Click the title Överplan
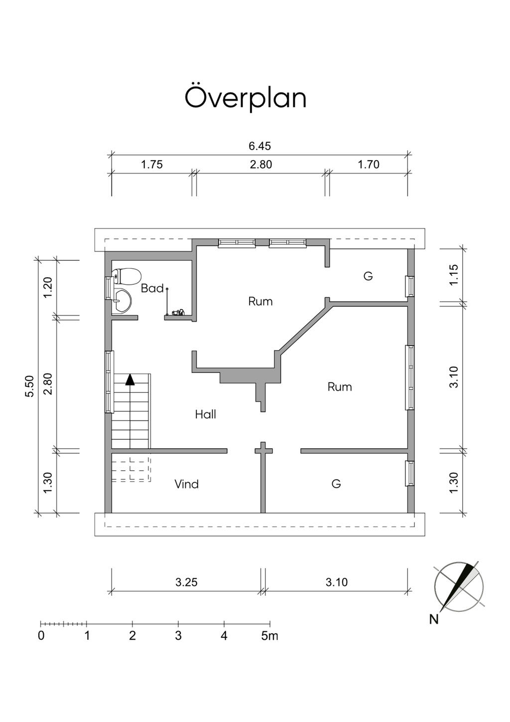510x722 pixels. (245, 98)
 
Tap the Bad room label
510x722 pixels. (152, 288)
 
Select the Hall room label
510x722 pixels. (205, 414)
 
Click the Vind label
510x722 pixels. (186, 484)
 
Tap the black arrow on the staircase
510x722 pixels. (130, 379)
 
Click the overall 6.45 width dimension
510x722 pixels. (259, 146)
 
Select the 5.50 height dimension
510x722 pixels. (30, 386)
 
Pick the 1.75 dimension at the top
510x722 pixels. (151, 165)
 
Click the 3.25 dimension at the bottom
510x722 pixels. (186, 582)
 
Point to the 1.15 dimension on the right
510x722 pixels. (454, 275)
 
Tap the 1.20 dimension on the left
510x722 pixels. (48, 287)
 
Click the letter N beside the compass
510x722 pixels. (434, 619)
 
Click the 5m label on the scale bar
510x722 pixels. (269, 636)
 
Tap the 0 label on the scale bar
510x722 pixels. (41, 636)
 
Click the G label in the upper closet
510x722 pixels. (368, 276)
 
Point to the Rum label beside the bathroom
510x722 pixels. (260, 301)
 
